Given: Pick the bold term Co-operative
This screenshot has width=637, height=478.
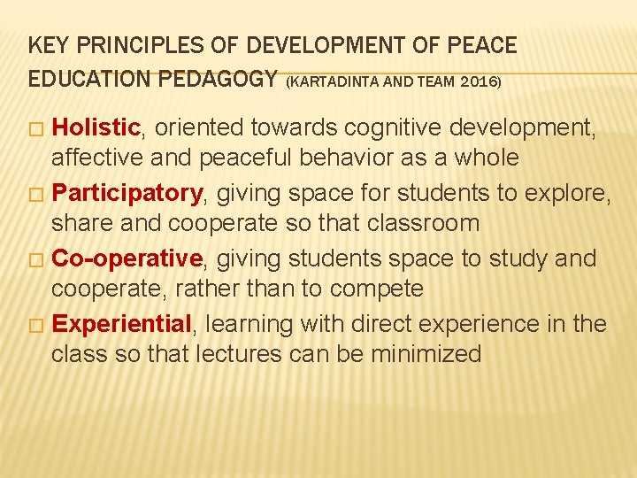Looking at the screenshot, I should click(x=128, y=259).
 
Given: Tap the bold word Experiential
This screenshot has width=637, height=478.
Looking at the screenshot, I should click(x=122, y=325).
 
